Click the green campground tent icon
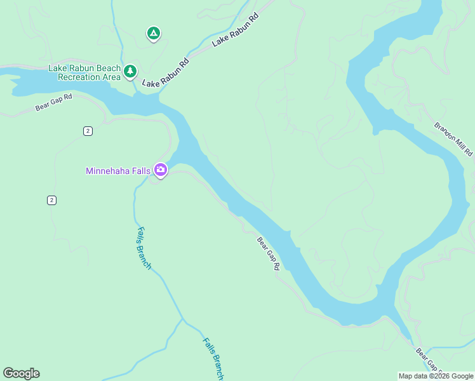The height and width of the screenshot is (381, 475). (153, 34)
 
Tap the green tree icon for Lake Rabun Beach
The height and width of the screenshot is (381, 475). (130, 71)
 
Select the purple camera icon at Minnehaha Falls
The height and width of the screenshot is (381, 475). (160, 170)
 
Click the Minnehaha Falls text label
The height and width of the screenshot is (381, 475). (118, 171)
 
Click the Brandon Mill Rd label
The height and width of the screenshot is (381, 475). (453, 139)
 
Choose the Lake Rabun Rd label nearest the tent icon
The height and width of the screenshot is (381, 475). (236, 29)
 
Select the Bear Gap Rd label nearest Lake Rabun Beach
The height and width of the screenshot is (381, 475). (54, 102)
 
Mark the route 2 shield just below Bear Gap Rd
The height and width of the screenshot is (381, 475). (88, 131)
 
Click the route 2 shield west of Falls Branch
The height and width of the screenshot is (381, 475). (51, 200)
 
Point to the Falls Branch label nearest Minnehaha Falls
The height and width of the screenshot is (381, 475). (144, 248)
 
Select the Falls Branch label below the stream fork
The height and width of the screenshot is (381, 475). (213, 358)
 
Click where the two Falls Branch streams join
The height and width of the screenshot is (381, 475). (184, 319)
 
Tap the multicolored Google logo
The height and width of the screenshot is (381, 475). (21, 373)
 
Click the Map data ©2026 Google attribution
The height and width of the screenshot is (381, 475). (436, 376)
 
